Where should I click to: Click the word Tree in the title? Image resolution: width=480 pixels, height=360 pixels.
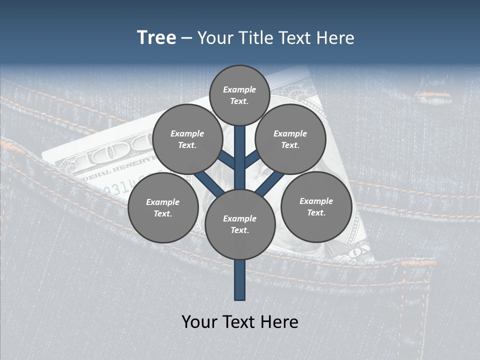[156, 38]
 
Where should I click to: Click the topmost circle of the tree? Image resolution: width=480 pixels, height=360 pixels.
[239, 95]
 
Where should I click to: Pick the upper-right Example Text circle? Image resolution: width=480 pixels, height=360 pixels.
[290, 139]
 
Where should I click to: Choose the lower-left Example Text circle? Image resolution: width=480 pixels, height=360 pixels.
[162, 208]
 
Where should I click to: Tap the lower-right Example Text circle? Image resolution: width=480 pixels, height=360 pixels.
[316, 206]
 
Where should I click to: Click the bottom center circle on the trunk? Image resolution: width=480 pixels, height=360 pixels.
[240, 224]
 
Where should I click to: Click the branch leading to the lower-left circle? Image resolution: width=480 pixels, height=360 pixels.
[208, 184]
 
